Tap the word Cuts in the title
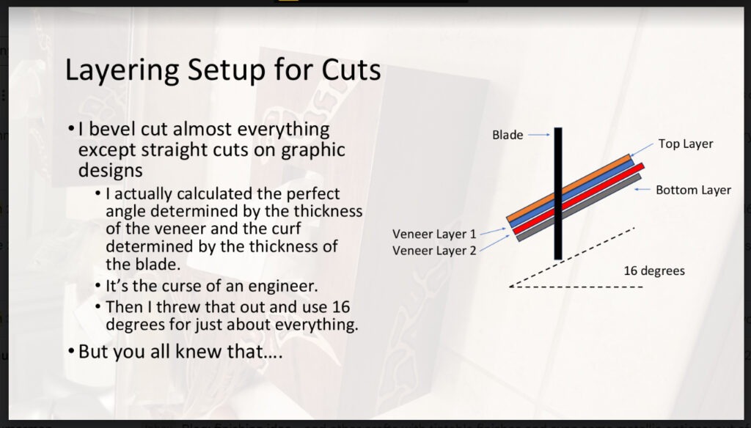(x=351, y=70)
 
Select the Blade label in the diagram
(x=508, y=135)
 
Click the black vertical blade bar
(x=558, y=193)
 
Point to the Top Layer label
(x=686, y=144)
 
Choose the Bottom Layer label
(x=693, y=190)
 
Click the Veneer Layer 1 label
(x=434, y=234)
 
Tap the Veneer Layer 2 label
(x=434, y=251)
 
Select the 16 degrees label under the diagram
(x=654, y=271)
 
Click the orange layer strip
(x=569, y=188)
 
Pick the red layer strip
(x=579, y=199)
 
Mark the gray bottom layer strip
(x=579, y=207)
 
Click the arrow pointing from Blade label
(x=539, y=135)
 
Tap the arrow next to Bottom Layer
(x=642, y=190)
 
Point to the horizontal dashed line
(x=576, y=287)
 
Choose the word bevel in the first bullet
(x=112, y=129)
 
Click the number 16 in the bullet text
(x=340, y=307)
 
